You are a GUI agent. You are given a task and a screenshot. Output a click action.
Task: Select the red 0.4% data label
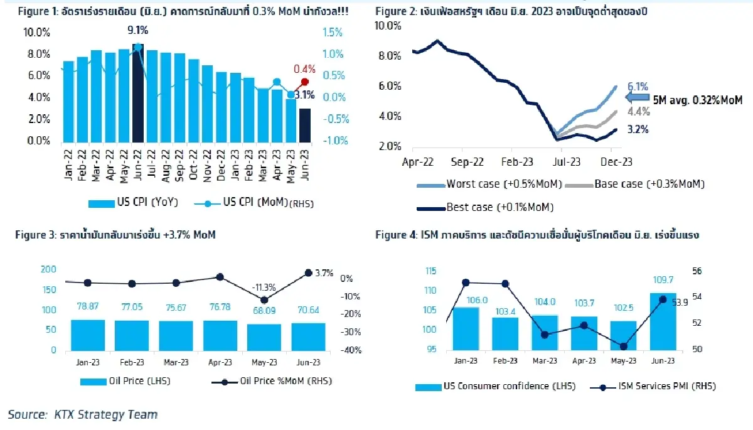tap(304, 69)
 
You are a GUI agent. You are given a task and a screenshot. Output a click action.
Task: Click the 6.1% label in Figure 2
tap(638, 87)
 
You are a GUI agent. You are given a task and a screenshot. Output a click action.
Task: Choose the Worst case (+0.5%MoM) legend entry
tap(490, 184)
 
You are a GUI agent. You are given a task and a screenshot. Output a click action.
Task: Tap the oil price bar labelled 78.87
tap(87, 335)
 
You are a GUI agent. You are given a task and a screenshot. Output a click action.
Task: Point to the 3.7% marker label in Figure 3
tap(324, 272)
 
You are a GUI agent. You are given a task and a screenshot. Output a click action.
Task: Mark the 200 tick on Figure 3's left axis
tap(48, 269)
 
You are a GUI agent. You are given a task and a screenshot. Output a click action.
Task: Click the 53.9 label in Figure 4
tap(681, 303)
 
